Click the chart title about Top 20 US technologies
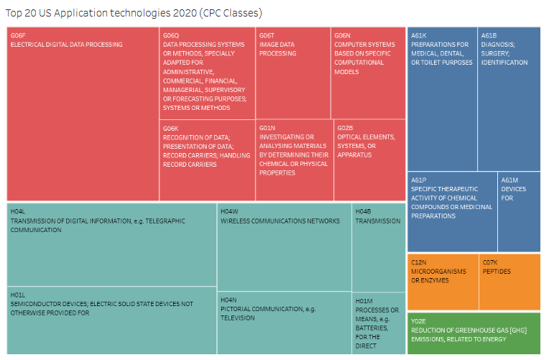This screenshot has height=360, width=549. pyautogui.click(x=134, y=13)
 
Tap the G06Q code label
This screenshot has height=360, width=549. pyautogui.click(x=171, y=35)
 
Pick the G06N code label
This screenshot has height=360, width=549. pyautogui.click(x=342, y=35)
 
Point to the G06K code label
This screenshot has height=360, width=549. pyautogui.click(x=171, y=128)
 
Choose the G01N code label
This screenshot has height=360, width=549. pyautogui.click(x=267, y=128)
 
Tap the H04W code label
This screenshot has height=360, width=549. pyautogui.click(x=229, y=211)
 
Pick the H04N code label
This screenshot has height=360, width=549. pyautogui.click(x=229, y=300)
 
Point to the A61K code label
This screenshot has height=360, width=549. pyautogui.click(x=420, y=35)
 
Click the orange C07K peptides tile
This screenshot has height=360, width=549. pyautogui.click(x=509, y=281)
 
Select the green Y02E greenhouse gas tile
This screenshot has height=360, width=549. pyautogui.click(x=474, y=333)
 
